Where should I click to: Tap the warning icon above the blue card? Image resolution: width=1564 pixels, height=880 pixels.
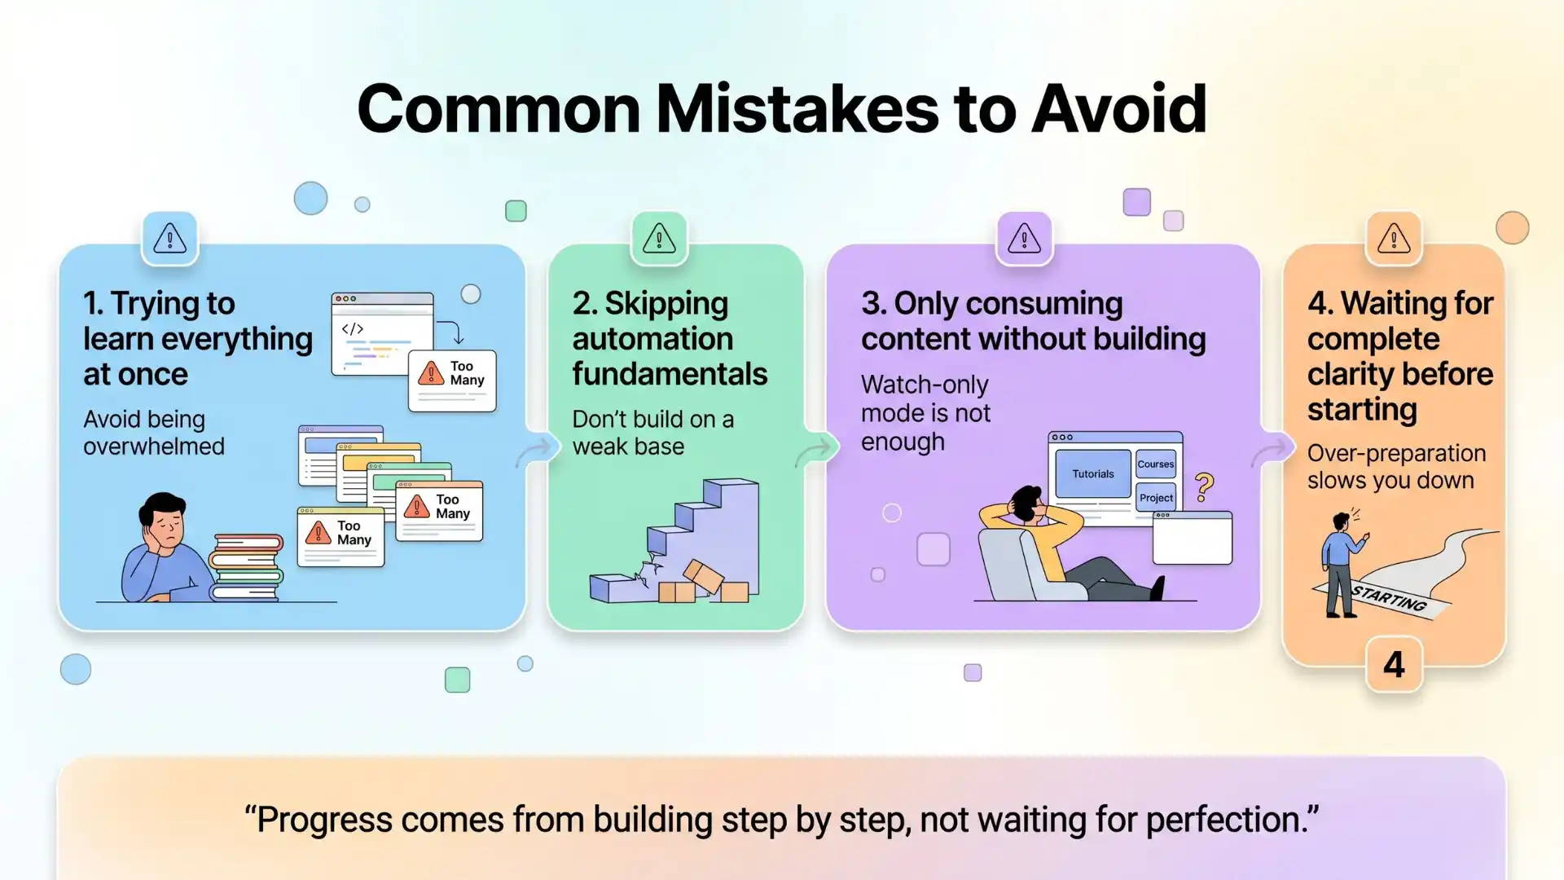click(x=169, y=239)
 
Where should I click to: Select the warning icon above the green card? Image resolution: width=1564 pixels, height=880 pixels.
click(x=659, y=239)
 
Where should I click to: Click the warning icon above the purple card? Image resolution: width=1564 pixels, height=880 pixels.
click(x=1024, y=239)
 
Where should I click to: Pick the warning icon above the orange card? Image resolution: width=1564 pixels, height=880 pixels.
click(x=1394, y=239)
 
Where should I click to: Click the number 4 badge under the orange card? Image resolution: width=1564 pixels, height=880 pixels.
click(x=1394, y=665)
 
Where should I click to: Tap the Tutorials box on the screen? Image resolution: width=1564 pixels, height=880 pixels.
click(x=1092, y=473)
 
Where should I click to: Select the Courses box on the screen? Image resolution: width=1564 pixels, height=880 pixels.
click(x=1156, y=464)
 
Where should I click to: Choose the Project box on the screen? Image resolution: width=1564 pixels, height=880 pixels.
click(x=1156, y=497)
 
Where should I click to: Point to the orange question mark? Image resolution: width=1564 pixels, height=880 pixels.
click(x=1204, y=487)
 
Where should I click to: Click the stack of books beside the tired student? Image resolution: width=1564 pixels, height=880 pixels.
click(x=246, y=567)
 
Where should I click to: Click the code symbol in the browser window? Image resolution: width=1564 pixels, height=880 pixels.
click(x=352, y=329)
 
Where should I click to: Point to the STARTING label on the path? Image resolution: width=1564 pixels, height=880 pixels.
click(x=1389, y=599)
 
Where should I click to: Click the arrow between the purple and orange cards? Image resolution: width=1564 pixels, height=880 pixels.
click(x=1272, y=451)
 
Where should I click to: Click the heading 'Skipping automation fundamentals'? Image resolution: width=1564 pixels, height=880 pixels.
click(x=669, y=339)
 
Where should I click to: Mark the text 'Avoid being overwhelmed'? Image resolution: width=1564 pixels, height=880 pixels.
click(x=153, y=433)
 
